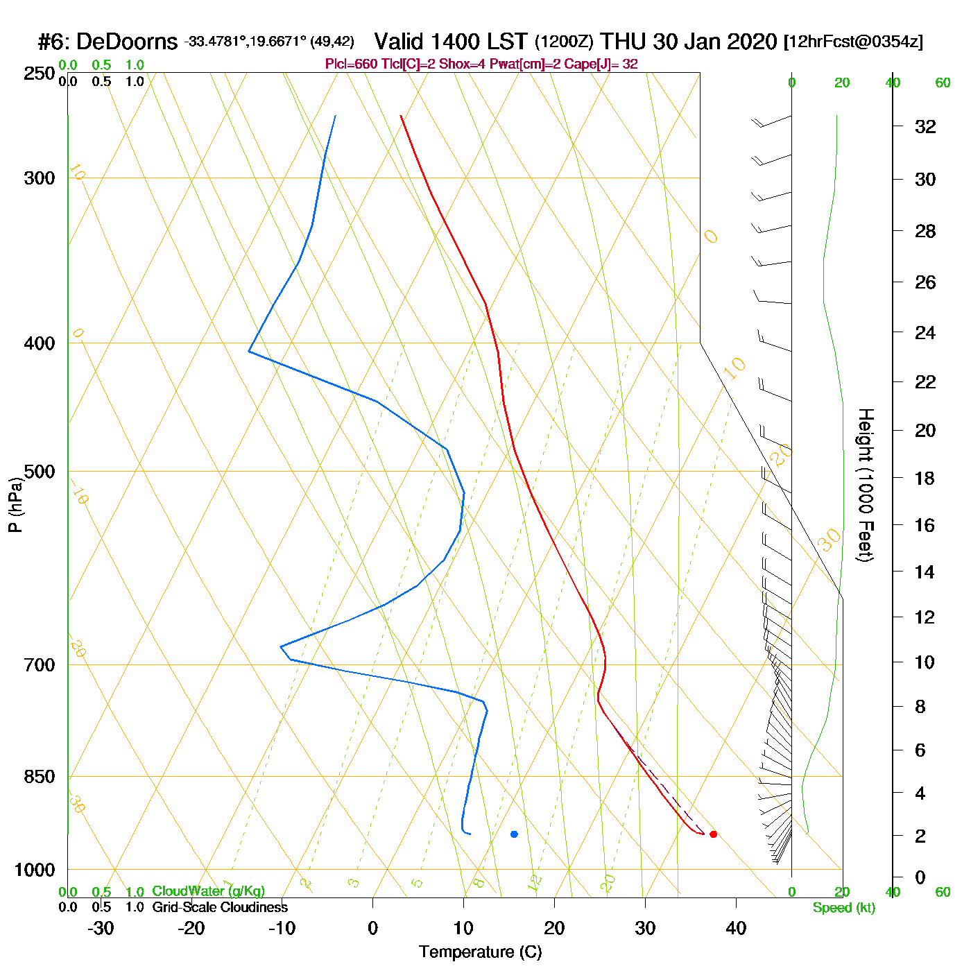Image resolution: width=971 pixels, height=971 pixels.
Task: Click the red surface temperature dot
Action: (713, 834)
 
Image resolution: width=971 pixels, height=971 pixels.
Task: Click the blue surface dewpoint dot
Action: (514, 834)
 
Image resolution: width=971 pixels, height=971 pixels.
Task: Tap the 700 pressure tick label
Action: (40, 665)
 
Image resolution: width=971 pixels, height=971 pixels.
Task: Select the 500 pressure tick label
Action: (40, 472)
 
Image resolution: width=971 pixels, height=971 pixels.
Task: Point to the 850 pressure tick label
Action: (40, 777)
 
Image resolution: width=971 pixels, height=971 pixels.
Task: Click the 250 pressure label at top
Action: (40, 74)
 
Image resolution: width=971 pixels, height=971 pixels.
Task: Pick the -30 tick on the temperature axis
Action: (101, 928)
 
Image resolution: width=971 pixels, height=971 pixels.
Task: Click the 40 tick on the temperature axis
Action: (736, 928)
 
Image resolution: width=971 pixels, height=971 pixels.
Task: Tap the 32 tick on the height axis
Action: (925, 127)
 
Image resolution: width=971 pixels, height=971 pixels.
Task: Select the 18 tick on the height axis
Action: (925, 478)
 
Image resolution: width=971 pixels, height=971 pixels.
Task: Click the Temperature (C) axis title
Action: (480, 952)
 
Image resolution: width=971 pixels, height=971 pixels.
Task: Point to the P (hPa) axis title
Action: (15, 504)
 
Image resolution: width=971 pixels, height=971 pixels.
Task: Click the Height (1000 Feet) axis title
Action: (866, 485)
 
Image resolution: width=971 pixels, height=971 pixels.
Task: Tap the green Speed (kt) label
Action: (844, 908)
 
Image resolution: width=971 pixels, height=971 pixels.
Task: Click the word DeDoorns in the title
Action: (127, 42)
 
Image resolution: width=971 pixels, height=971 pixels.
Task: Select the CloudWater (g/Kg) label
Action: (208, 891)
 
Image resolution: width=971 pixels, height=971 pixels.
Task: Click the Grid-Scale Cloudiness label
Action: (220, 907)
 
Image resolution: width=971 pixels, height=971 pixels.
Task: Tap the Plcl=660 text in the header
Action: (351, 65)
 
